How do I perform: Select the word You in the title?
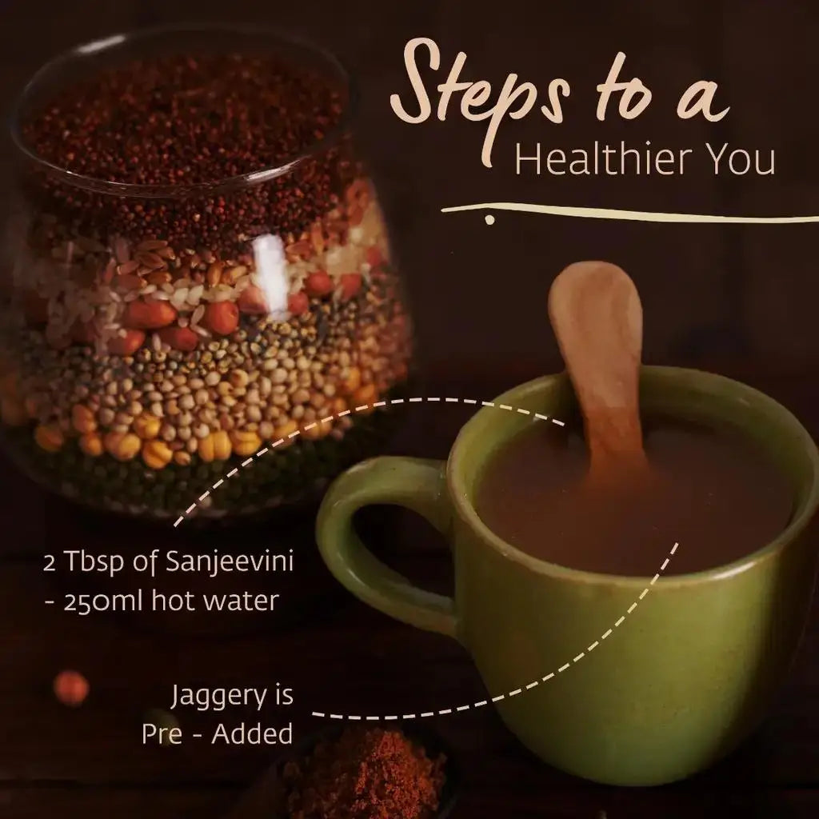point(739,159)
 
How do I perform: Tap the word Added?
point(252,734)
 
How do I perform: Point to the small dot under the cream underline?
point(489,218)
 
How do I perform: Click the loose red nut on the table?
point(71,688)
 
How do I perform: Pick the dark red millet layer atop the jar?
point(184,120)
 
